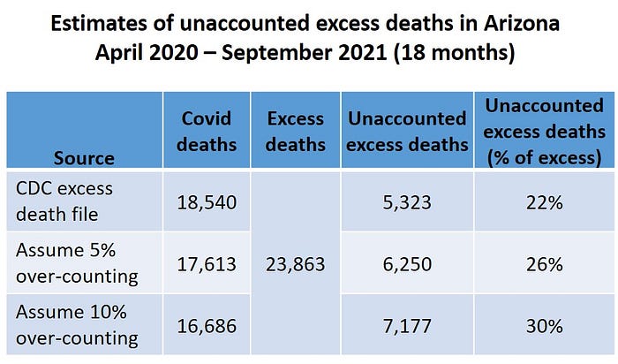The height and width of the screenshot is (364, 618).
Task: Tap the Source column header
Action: pyautogui.click(x=84, y=158)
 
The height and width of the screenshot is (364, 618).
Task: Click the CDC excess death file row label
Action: pyautogui.click(x=65, y=201)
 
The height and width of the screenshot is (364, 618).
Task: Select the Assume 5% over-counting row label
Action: pyautogui.click(x=76, y=263)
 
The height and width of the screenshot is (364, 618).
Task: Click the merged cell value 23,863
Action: pyautogui.click(x=297, y=264)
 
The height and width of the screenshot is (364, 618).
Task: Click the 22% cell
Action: pyautogui.click(x=544, y=202)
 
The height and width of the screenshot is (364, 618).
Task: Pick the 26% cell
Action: pyautogui.click(x=544, y=264)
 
